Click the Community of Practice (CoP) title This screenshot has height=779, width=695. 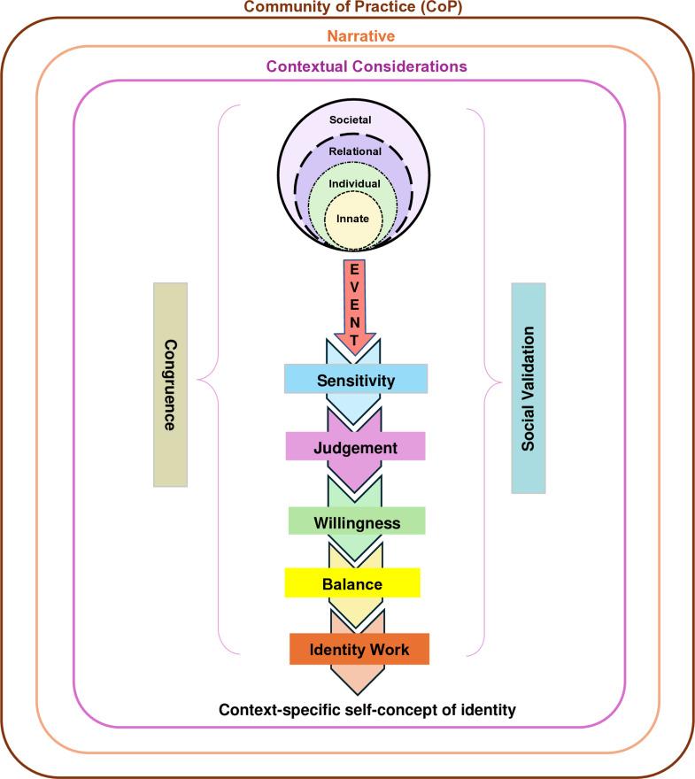coord(347,9)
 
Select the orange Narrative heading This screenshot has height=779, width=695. coord(347,36)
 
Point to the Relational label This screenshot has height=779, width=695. coord(355,151)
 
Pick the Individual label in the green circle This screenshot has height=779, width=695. coord(355,183)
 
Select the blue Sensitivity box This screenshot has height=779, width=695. coord(356,379)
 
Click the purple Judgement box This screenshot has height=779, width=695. coord(356,447)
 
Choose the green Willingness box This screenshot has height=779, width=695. coord(357,522)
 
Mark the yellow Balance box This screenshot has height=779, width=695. coord(351,583)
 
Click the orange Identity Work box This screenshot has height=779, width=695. coord(359,649)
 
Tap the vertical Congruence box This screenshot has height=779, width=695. coord(170,384)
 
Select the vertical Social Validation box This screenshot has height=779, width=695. coord(529,388)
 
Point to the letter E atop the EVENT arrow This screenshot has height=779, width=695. coord(355,269)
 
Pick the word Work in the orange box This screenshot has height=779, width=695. coord(390,649)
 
